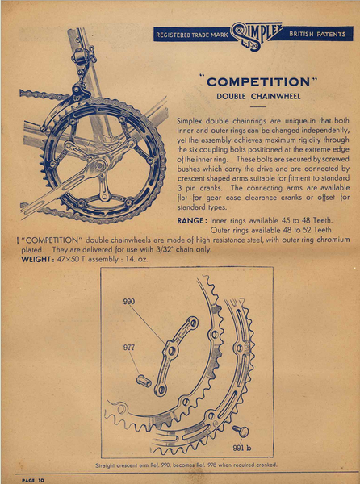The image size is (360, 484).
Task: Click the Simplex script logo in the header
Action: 255,34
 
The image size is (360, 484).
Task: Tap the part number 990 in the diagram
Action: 131,299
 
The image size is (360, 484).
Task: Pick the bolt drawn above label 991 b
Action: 241,430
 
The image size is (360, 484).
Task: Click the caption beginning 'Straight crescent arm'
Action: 186,465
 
